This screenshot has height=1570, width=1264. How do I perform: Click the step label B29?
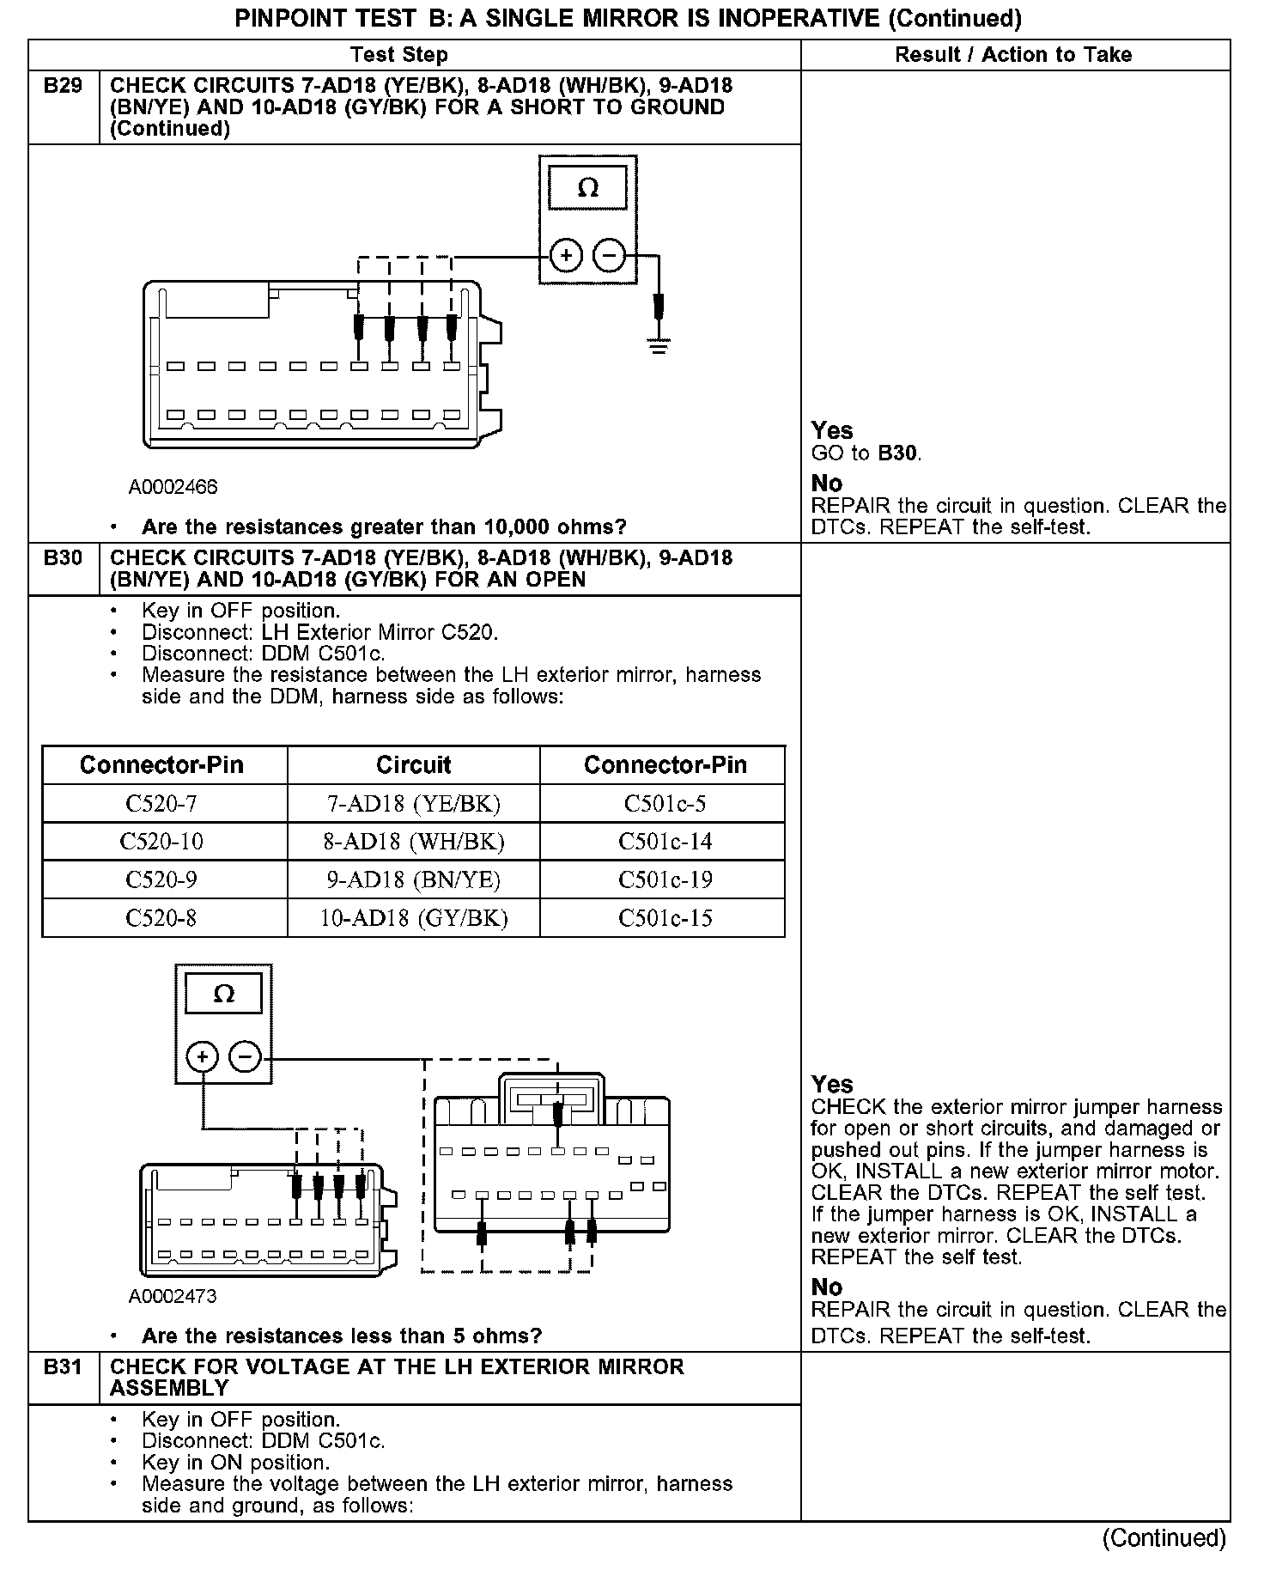63,86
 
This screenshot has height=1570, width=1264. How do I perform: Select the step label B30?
63,558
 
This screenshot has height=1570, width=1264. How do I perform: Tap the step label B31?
63,1367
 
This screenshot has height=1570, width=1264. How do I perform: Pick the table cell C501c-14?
665,842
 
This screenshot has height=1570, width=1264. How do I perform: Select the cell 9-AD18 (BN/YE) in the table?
413,879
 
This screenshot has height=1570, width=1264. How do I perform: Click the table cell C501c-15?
665,918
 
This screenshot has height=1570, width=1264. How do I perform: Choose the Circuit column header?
413,765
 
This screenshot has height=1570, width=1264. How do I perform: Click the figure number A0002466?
173,488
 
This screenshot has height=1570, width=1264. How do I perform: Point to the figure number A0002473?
173,1297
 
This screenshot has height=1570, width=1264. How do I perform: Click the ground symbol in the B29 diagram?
659,347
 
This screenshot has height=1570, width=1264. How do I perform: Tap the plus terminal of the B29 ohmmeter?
565,256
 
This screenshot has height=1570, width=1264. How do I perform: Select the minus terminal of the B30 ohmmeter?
246,1056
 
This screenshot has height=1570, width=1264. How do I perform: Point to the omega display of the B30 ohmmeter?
223,995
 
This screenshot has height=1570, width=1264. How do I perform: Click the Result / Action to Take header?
1013,55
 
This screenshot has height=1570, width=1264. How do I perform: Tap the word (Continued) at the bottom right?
1164,1538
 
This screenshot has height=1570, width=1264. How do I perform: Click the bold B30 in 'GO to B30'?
899,453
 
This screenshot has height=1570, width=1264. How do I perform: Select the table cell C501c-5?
665,804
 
